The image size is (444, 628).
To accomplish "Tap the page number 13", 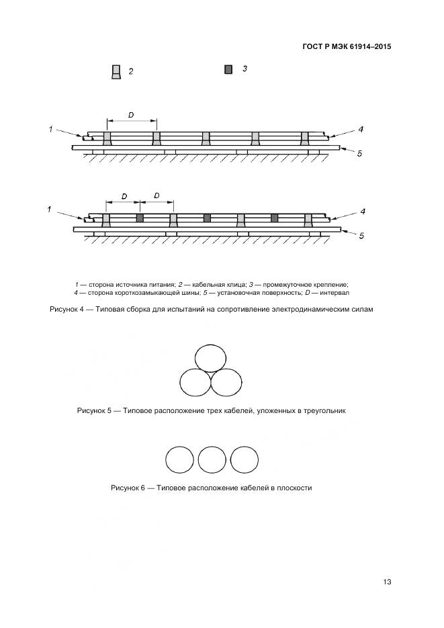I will point(386,582).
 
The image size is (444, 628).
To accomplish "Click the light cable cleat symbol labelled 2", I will point(116,72).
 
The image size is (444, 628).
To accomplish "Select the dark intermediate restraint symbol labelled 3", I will point(228,69).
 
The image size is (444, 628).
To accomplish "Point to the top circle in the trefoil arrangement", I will point(210,359).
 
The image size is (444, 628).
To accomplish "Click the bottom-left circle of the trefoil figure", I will point(195,382).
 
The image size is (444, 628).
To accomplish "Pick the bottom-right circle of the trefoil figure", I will point(226,382).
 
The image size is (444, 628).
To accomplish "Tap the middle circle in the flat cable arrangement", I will point(212,460).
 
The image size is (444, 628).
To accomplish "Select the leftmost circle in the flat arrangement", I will point(179,460).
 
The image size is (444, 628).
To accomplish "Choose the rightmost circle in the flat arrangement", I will point(245,460).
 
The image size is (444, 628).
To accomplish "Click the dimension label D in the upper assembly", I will point(130,115).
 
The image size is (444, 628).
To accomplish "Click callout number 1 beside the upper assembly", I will point(50,128).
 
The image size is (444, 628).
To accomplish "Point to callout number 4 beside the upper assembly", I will point(361,129).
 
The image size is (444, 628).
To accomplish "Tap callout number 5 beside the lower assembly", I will point(361,236).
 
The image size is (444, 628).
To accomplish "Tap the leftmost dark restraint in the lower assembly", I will point(140,218).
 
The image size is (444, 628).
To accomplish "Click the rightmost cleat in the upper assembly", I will point(305,138).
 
